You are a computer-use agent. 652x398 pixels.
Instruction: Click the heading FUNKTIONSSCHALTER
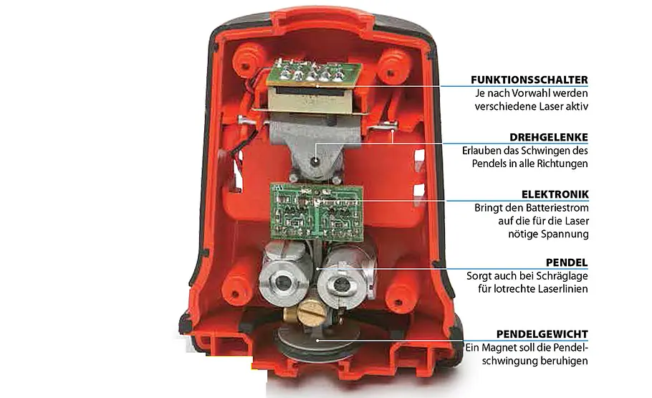(529, 80)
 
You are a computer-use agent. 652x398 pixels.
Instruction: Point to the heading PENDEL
(567, 262)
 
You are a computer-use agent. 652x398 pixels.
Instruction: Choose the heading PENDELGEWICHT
(542, 334)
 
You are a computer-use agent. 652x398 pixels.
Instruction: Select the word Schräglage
(560, 275)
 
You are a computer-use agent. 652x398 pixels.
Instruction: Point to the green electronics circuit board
(316, 212)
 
